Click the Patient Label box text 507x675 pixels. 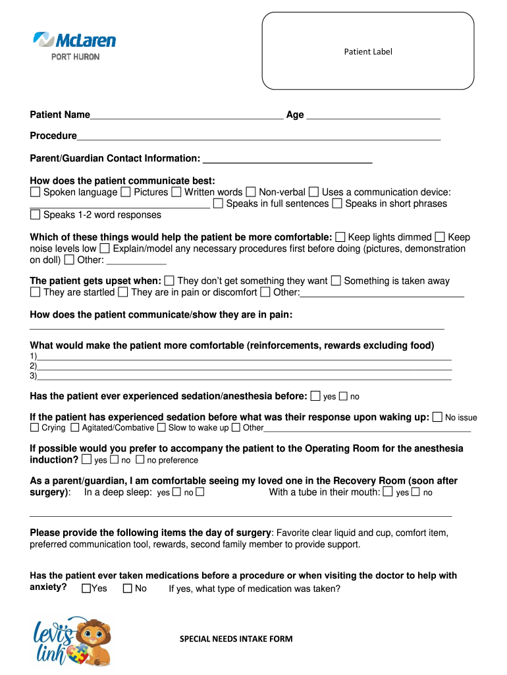pyautogui.click(x=368, y=51)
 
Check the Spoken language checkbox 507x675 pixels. pyautogui.click(x=35, y=192)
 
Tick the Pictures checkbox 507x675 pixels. pyautogui.click(x=125, y=192)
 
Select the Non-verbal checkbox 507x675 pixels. pyautogui.click(x=251, y=192)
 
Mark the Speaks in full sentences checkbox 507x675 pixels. pyautogui.click(x=218, y=204)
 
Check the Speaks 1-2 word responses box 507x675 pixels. pyautogui.click(x=35, y=215)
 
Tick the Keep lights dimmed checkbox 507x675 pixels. pyautogui.click(x=340, y=237)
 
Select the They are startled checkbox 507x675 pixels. pyautogui.click(x=35, y=292)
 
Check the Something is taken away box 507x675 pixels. pyautogui.click(x=336, y=281)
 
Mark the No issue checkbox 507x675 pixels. pyautogui.click(x=437, y=417)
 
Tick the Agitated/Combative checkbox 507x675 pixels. pyautogui.click(x=75, y=428)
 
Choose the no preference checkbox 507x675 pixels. pyautogui.click(x=140, y=460)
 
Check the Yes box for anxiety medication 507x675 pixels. pyautogui.click(x=86, y=589)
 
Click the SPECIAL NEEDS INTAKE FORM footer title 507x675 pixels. pyautogui.click(x=236, y=639)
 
